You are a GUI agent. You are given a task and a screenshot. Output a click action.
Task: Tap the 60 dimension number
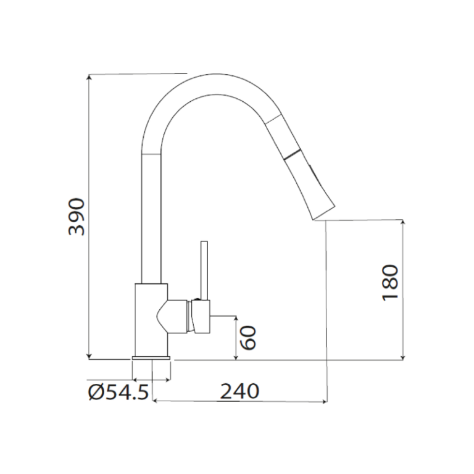point(247,338)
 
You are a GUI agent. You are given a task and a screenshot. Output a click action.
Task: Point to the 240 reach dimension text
point(239,391)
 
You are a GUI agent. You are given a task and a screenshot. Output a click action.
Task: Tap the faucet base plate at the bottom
point(151,359)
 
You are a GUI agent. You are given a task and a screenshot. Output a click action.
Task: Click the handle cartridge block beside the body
point(201,316)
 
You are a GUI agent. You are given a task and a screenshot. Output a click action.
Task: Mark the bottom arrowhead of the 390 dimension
point(90,355)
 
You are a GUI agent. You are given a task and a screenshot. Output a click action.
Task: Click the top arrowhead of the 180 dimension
point(403,222)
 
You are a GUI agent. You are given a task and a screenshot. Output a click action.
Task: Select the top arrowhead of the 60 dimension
point(236,318)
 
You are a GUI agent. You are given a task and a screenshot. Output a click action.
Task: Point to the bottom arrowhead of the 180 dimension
point(403,355)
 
